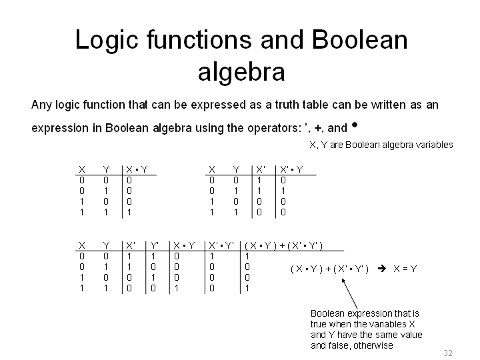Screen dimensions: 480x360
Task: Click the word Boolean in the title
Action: (360, 40)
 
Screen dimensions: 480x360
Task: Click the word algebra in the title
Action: (241, 73)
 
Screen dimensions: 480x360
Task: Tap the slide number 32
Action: (448, 353)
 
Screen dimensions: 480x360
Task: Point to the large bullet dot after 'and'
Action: (355, 124)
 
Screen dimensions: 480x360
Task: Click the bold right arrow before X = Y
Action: (382, 269)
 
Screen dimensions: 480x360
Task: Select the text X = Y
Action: (405, 269)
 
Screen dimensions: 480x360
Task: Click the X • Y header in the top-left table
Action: (137, 169)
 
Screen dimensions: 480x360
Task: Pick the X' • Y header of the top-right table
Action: (291, 169)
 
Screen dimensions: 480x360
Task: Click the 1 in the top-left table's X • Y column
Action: (129, 212)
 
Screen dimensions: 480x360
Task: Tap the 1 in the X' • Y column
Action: (283, 191)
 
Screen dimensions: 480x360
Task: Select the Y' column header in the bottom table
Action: (155, 245)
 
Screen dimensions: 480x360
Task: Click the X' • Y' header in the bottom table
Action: (221, 245)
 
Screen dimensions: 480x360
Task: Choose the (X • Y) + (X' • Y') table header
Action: (284, 245)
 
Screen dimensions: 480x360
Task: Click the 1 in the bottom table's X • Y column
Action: (177, 288)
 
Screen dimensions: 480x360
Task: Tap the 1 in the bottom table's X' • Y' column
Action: (212, 256)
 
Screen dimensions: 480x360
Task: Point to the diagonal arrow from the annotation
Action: (349, 293)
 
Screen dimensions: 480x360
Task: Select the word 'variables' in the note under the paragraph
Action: (434, 145)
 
